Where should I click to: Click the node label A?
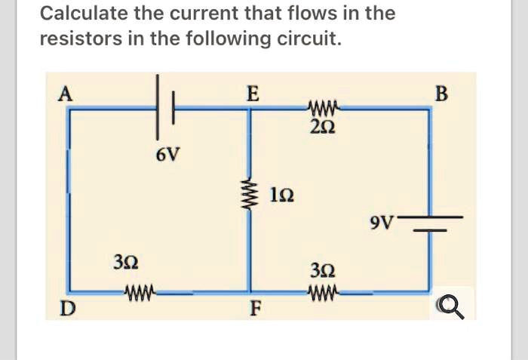(x=66, y=94)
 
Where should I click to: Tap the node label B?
(x=441, y=94)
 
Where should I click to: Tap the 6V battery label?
(x=168, y=155)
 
